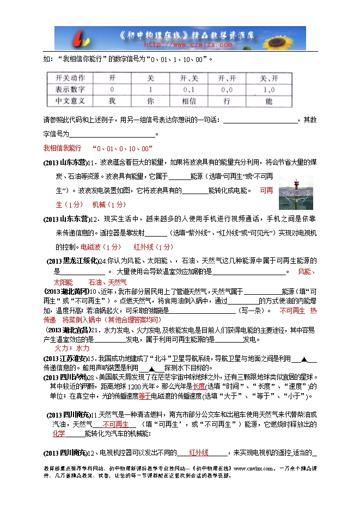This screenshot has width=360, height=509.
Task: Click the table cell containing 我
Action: (112, 100)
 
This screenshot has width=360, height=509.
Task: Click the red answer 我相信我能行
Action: (62, 148)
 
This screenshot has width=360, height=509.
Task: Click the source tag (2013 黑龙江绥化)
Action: (72, 260)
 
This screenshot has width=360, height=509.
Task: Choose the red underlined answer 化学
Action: (59, 433)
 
